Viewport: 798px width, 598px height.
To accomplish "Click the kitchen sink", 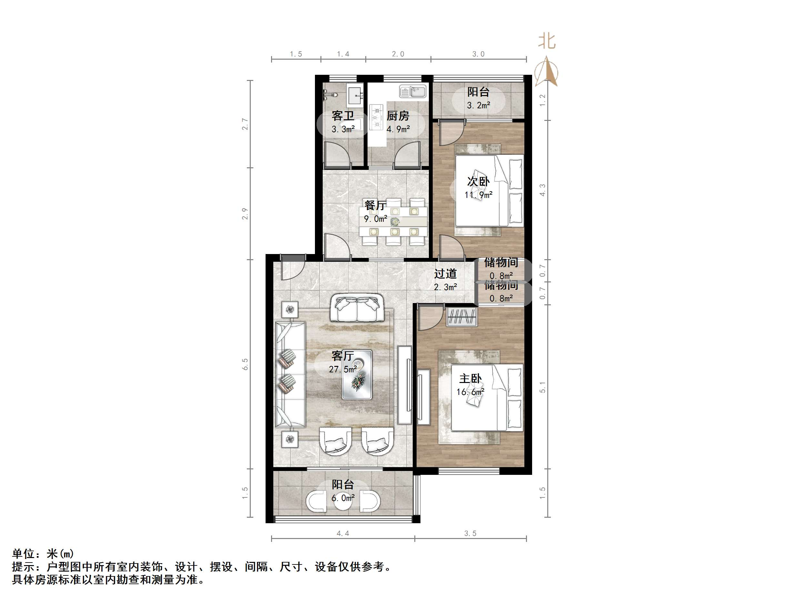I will click(x=413, y=92).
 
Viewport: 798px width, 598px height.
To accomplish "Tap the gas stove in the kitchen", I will click(x=376, y=117).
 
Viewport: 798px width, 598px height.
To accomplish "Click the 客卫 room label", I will click(x=343, y=116).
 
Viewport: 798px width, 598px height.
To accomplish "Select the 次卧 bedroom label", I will click(x=478, y=181).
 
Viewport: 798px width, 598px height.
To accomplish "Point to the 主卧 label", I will click(x=470, y=378).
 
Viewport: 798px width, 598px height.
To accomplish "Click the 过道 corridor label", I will click(x=445, y=274).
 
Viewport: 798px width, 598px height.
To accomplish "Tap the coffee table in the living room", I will click(x=357, y=375).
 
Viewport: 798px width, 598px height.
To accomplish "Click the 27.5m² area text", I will click(x=343, y=369).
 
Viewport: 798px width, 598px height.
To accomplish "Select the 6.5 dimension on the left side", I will click(x=245, y=364).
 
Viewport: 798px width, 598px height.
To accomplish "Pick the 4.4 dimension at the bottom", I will click(x=343, y=534).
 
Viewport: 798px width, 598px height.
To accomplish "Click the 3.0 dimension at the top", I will click(x=478, y=54).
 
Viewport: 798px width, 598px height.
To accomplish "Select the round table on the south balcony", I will click(x=342, y=501).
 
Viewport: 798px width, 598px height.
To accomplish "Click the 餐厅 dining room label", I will click(x=375, y=205).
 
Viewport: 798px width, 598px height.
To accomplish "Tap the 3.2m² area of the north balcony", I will click(x=478, y=105).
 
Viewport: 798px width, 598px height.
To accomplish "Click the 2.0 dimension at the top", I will click(x=398, y=54).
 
